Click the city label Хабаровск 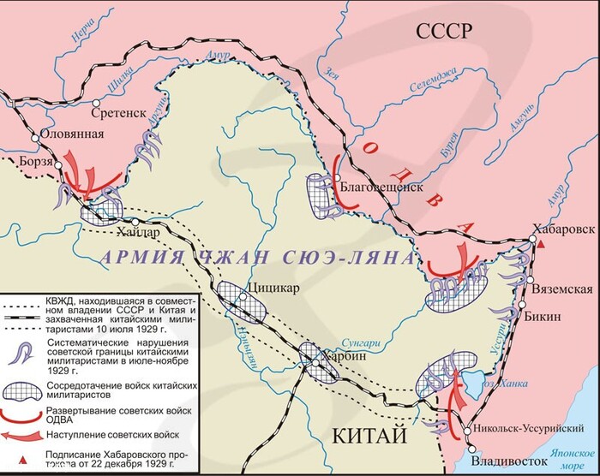[x=561, y=229]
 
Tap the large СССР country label [x=444, y=32]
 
